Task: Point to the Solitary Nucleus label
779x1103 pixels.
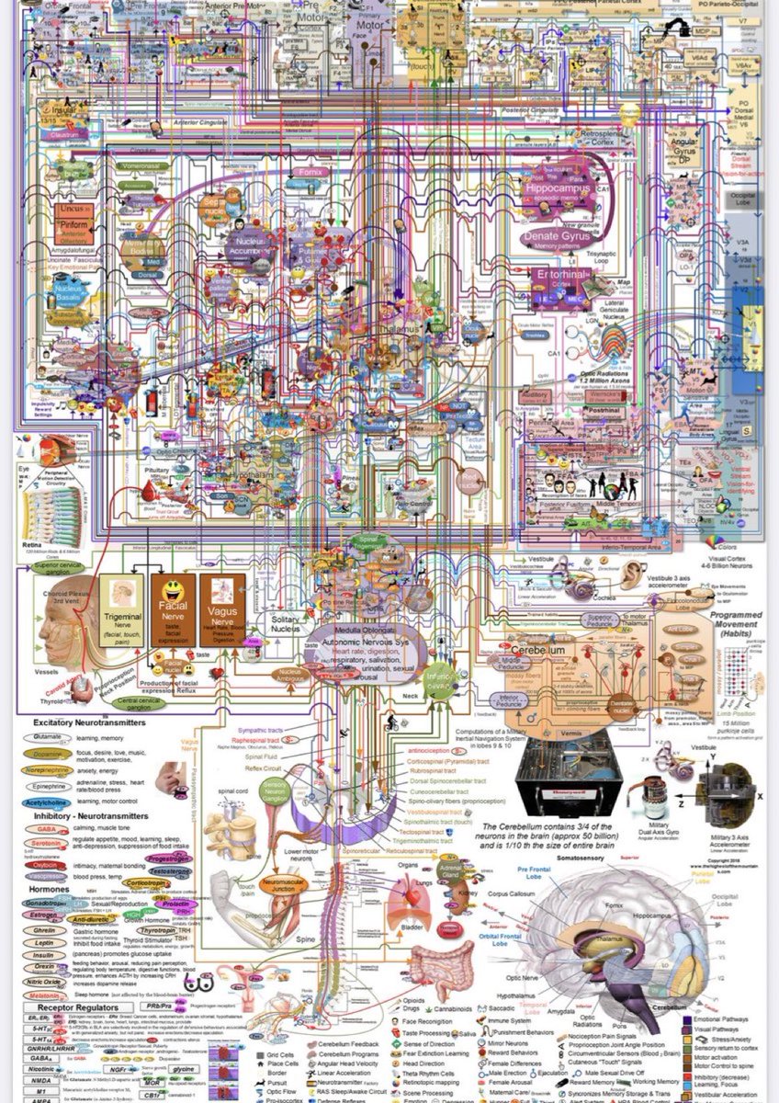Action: click(285, 622)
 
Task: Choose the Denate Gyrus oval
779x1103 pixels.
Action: click(557, 238)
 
